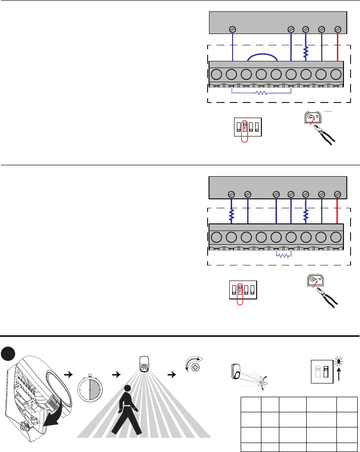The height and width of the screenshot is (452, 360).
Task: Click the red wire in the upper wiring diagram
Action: (338, 47)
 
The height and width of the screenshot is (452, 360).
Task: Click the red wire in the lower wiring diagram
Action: (338, 211)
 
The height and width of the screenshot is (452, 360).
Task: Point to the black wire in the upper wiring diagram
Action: (322, 47)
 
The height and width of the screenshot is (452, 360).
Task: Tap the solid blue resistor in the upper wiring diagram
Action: (306, 51)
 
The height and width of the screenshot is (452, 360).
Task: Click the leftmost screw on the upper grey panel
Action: (232, 29)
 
